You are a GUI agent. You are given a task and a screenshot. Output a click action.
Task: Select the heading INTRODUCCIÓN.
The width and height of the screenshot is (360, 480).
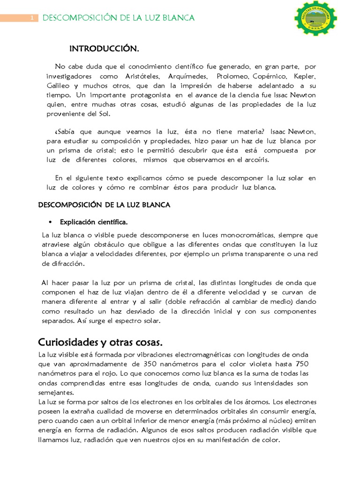104,49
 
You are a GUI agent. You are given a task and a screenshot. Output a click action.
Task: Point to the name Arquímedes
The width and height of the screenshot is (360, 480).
187,76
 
